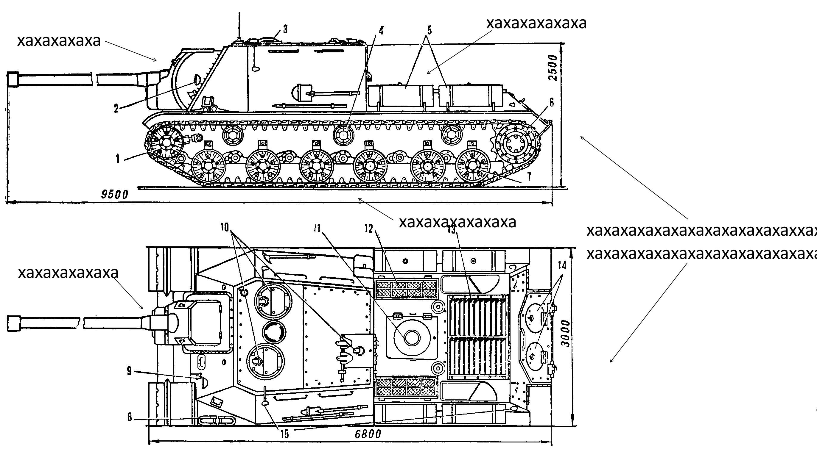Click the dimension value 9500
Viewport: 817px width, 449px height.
point(114,194)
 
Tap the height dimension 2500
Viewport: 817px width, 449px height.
point(553,68)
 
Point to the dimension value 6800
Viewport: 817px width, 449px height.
point(368,434)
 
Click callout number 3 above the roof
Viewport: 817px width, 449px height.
point(285,29)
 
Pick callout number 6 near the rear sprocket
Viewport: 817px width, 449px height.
point(552,102)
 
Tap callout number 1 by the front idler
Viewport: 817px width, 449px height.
point(118,158)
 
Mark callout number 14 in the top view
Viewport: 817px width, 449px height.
point(562,265)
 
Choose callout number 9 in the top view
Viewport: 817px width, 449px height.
point(129,371)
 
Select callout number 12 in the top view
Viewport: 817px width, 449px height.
point(368,229)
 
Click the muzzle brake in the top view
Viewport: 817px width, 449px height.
point(14,323)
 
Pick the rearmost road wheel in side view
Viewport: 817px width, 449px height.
point(473,166)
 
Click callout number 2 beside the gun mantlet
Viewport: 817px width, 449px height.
point(116,109)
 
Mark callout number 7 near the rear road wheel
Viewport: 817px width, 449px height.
point(529,176)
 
